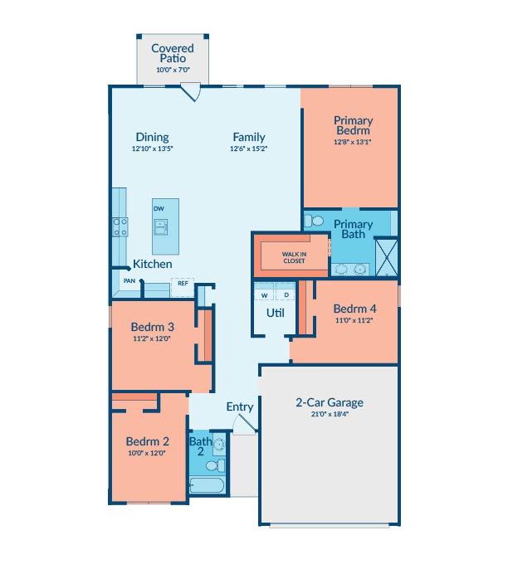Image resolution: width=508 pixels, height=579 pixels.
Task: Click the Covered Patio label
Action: [173, 53]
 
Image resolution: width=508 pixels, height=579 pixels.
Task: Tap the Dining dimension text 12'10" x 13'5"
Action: [153, 148]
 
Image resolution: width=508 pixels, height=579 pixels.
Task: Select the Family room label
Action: [249, 137]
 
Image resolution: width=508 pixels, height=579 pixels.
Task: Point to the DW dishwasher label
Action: [159, 209]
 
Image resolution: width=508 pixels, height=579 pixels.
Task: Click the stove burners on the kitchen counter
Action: [120, 226]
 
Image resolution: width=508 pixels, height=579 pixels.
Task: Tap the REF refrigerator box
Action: [183, 288]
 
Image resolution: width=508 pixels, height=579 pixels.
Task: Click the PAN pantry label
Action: [129, 280]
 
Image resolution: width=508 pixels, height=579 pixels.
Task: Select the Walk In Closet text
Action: [294, 257]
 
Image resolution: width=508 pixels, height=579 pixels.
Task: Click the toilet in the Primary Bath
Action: [313, 221]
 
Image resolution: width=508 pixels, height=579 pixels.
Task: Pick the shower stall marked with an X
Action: [387, 257]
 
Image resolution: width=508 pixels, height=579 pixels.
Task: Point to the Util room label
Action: [276, 313]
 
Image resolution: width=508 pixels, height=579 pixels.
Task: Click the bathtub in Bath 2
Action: [207, 485]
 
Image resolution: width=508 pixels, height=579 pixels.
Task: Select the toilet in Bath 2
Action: [215, 465]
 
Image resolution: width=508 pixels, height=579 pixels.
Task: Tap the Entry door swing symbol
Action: [245, 424]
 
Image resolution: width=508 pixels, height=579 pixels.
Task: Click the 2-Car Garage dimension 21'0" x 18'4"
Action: [330, 414]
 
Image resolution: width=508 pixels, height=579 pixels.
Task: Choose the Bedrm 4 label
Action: [354, 309]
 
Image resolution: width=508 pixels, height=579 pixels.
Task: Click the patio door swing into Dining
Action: [192, 93]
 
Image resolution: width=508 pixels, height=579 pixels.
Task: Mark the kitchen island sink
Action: [161, 227]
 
